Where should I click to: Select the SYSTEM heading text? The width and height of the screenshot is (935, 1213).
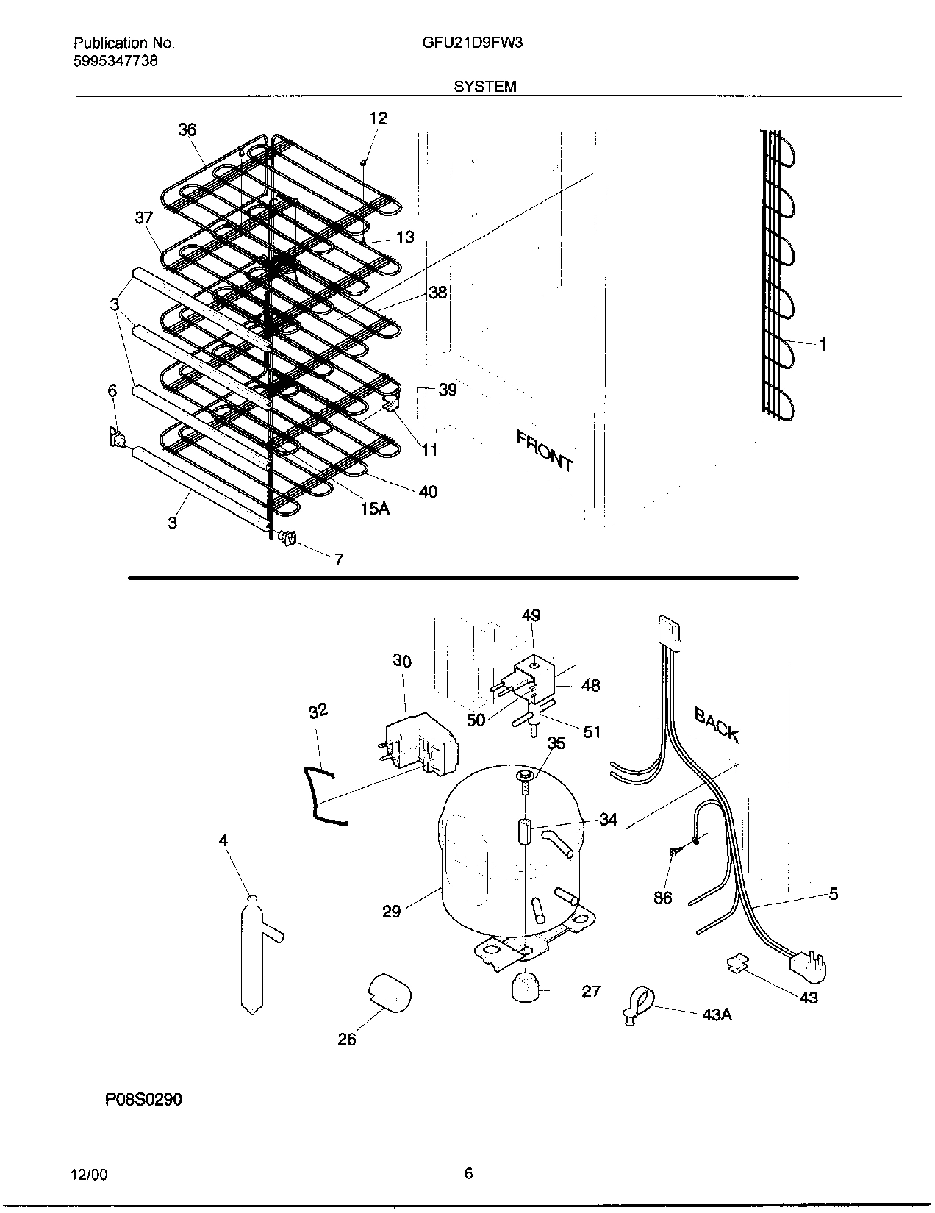484,87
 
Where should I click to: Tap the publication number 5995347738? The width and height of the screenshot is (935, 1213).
115,61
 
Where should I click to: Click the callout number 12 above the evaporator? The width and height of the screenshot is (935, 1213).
378,118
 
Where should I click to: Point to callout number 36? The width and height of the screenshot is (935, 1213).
187,130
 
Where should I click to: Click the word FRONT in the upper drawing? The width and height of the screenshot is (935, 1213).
544,450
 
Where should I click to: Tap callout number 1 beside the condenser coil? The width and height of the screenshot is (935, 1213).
823,344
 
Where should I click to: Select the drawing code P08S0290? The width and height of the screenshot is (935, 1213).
143,1100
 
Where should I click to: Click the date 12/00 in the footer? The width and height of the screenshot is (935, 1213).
90,1175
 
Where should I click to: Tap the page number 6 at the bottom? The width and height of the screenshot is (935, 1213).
468,1173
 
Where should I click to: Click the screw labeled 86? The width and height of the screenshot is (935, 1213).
674,852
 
